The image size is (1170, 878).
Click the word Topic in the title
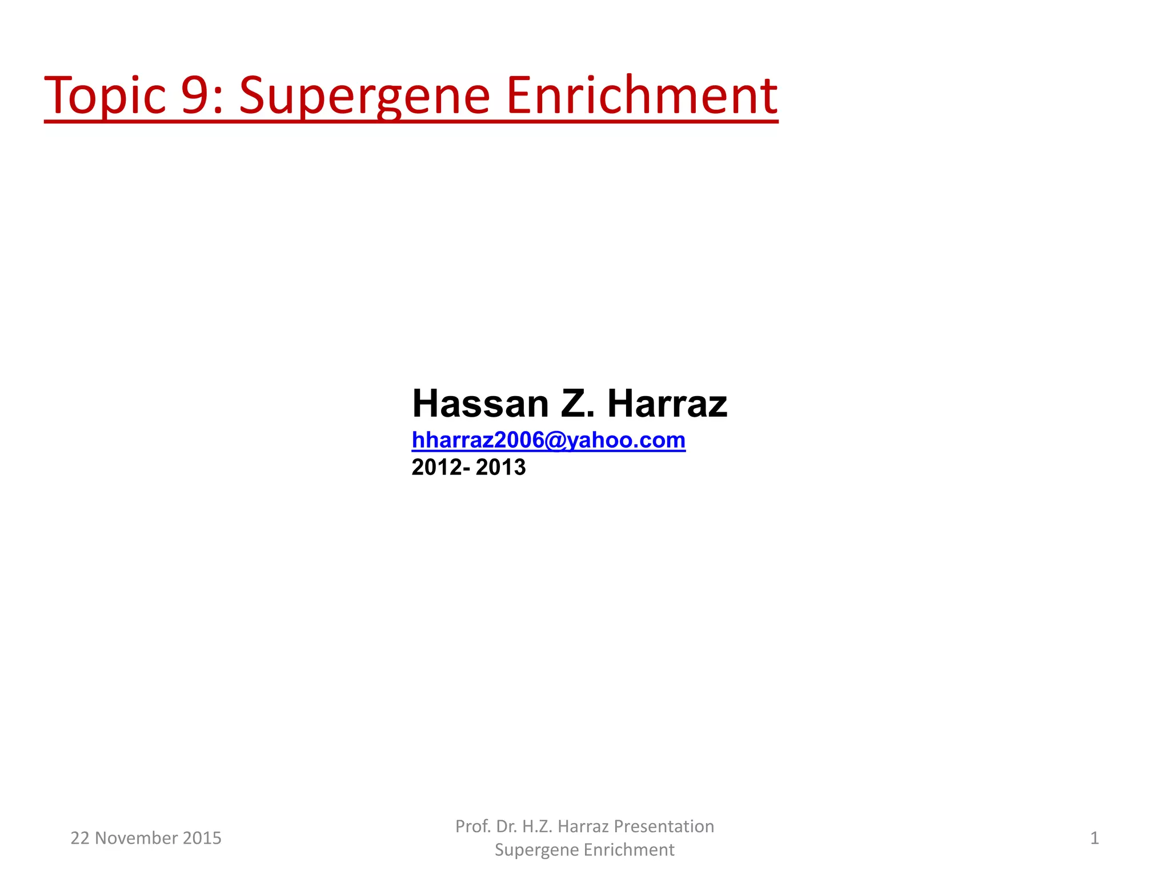point(105,95)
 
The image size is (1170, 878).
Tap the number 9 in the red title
point(197,95)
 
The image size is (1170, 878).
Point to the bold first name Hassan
point(480,404)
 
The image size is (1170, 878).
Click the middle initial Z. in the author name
point(578,404)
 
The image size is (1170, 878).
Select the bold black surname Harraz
point(667,404)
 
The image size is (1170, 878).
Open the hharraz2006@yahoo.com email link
point(548,440)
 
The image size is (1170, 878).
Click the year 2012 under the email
point(437,468)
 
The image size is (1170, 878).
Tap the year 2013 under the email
point(500,468)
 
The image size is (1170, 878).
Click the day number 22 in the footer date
point(79,838)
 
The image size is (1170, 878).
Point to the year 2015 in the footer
point(202,838)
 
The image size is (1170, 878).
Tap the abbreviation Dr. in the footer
point(507,827)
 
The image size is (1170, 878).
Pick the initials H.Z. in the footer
point(537,827)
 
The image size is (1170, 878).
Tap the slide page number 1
point(1095,838)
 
